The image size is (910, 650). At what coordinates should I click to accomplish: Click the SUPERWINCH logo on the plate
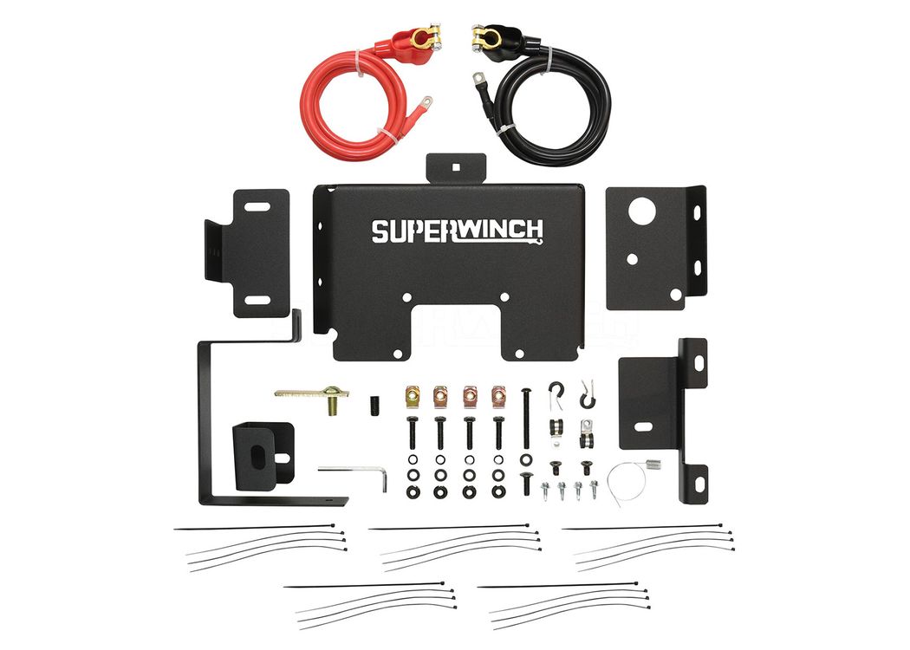[458, 231]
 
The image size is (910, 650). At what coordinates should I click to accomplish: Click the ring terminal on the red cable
[425, 103]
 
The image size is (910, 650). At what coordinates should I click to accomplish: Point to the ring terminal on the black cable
[478, 78]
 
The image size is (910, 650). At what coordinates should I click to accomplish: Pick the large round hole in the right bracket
[642, 211]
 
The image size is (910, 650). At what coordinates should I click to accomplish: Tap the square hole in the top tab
[456, 167]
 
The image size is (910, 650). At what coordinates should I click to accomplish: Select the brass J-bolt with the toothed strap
[314, 397]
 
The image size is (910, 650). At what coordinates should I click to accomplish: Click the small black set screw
[374, 405]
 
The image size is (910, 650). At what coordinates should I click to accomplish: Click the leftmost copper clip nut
[413, 397]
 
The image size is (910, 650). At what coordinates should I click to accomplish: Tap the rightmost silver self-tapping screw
[593, 489]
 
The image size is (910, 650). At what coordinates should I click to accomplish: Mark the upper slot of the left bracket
[257, 207]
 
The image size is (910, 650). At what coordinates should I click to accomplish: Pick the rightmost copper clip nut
[499, 397]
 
